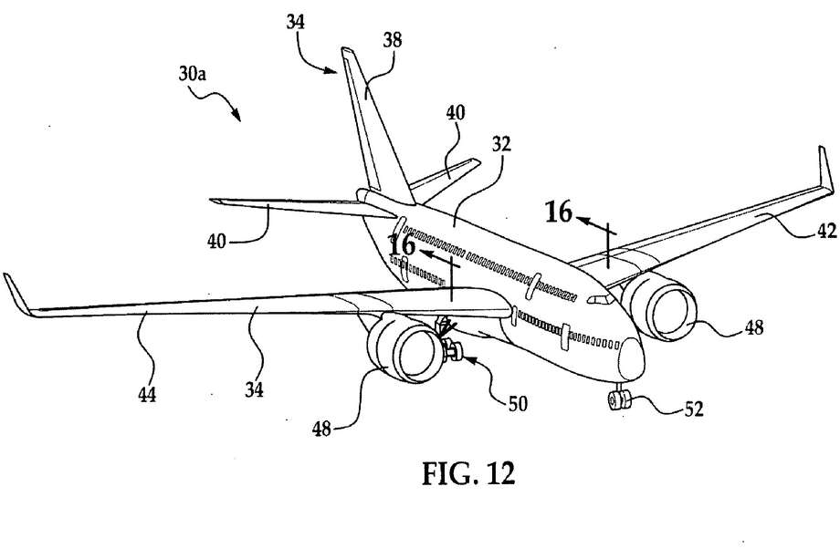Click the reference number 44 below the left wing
tap(147, 395)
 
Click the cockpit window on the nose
tap(600, 299)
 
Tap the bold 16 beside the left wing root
tap(403, 245)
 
